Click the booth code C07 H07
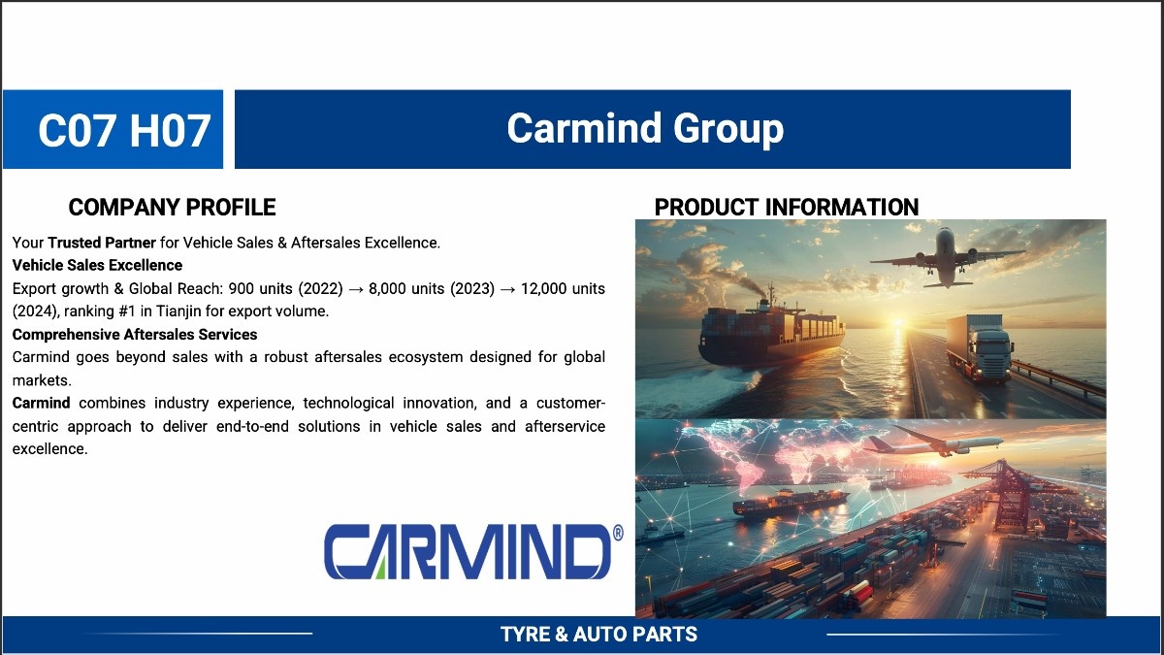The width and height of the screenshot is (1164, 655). pos(124,130)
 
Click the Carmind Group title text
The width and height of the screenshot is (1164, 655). pos(645,128)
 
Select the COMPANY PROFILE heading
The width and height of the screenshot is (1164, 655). pos(172,207)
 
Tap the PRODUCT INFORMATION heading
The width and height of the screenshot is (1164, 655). pos(787,207)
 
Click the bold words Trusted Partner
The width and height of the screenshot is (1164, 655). pos(102,243)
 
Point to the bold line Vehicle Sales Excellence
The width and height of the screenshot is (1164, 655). pos(97,265)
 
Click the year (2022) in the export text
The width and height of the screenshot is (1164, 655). pos(321,288)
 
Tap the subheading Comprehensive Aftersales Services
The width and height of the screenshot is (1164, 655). pos(135,334)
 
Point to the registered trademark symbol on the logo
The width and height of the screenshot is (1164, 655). pos(618,533)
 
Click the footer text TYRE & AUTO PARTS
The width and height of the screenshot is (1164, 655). pos(598,635)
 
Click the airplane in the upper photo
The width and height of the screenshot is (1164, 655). pos(947,257)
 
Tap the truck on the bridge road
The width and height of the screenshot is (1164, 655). pos(980,347)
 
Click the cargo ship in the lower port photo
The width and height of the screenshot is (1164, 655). pos(790,503)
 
